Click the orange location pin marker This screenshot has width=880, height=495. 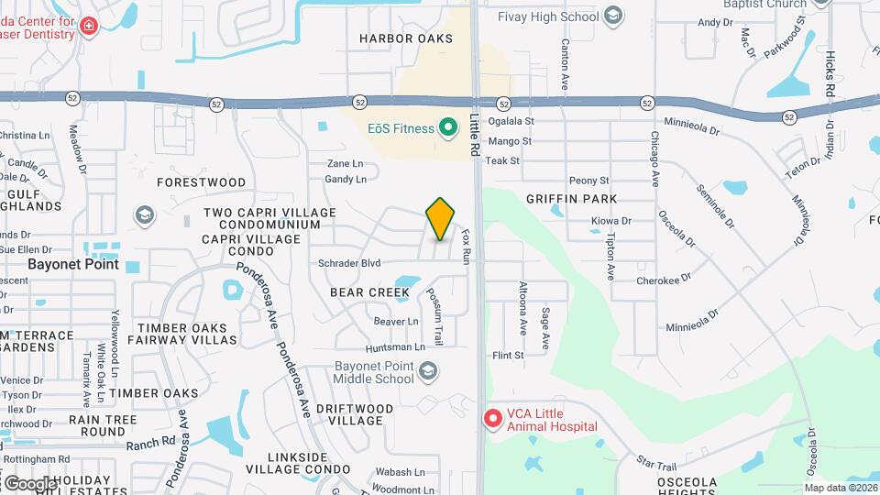click(x=441, y=218)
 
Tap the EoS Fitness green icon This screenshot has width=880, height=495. click(x=448, y=128)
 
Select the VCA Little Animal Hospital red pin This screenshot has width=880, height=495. click(x=492, y=419)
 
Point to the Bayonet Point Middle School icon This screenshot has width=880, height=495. click(x=427, y=371)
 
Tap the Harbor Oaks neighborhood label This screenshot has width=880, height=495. click(x=406, y=38)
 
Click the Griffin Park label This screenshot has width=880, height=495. click(x=571, y=199)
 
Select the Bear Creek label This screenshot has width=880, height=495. click(x=370, y=292)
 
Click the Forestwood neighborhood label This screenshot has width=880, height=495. click(x=202, y=182)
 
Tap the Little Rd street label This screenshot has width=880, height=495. click(x=475, y=128)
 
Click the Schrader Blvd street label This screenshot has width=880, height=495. click(x=349, y=263)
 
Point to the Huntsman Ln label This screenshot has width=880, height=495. click(x=395, y=347)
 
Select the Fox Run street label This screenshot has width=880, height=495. click(x=466, y=247)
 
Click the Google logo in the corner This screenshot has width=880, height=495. click(x=29, y=483)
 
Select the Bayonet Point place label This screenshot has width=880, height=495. click(x=73, y=264)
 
